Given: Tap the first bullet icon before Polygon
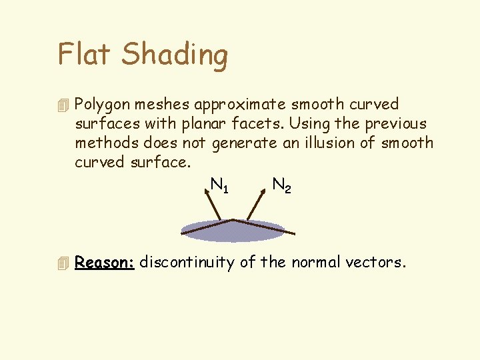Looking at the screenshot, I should click(x=63, y=105).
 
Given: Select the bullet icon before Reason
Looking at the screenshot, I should click(x=63, y=263).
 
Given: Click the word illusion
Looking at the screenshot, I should click(x=329, y=143).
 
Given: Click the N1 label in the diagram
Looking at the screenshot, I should click(x=219, y=185).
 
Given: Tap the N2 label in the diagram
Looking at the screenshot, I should click(x=281, y=185).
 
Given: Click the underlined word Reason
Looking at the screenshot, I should click(x=105, y=263).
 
